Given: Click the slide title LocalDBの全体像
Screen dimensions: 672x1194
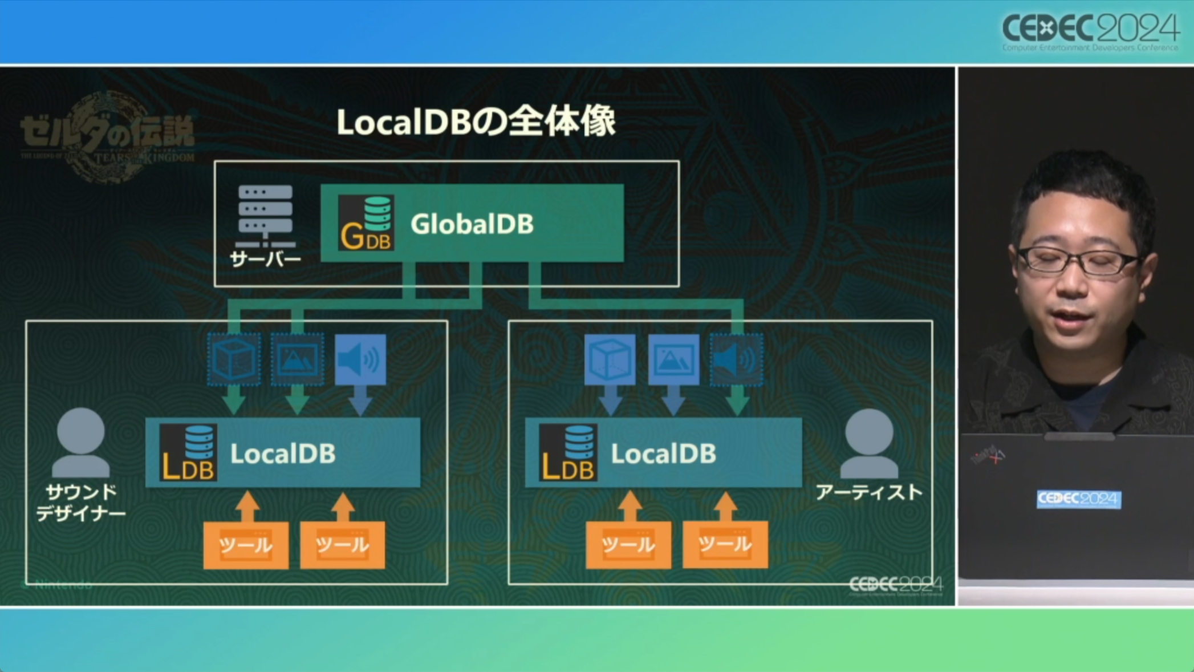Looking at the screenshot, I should (x=476, y=122).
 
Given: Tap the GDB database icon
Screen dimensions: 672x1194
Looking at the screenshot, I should (x=365, y=223).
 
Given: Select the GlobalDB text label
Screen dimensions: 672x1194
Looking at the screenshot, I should (x=472, y=224).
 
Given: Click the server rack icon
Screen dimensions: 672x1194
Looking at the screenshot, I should (x=265, y=216).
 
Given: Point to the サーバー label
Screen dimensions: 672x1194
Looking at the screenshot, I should (x=265, y=260).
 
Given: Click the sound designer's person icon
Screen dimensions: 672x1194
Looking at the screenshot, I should (x=80, y=443).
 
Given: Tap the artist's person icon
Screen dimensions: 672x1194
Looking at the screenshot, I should (x=869, y=444).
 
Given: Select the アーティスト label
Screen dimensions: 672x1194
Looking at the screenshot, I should (x=869, y=492).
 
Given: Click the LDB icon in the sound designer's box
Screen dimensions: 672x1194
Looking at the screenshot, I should (x=188, y=452).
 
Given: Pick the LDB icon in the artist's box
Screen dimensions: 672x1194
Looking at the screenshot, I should (x=568, y=452).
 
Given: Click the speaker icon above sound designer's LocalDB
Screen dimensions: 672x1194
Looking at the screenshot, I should (x=360, y=360).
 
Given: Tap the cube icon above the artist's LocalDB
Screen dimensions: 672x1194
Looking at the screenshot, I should (x=610, y=360).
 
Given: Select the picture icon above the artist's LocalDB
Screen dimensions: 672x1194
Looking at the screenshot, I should (x=673, y=360).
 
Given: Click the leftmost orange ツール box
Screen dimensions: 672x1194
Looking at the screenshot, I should (x=246, y=545).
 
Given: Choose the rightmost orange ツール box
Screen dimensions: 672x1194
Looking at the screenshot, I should (x=725, y=545).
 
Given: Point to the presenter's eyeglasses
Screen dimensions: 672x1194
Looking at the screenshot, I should (x=1078, y=261).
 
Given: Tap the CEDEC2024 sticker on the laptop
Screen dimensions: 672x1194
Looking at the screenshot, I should (x=1078, y=499).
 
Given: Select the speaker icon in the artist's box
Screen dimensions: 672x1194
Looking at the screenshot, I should (x=737, y=360).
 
